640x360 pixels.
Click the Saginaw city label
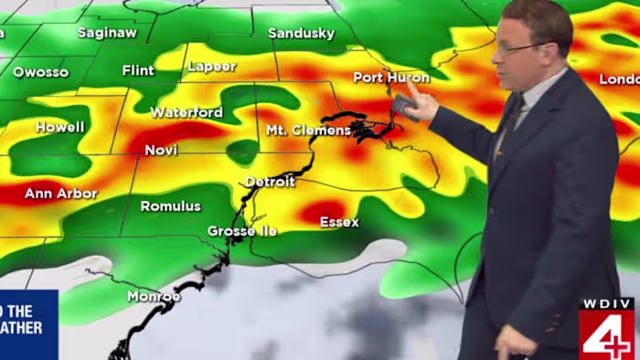107,33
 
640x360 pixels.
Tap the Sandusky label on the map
302,34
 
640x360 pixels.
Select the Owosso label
41,71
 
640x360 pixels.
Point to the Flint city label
138,70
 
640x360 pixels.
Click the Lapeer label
211,67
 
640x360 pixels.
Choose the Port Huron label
391,78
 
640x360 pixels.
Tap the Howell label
60,128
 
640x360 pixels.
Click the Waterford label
187,112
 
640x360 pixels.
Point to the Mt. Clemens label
308,131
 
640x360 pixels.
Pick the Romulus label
170,206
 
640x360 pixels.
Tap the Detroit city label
270,182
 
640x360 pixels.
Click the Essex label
339,222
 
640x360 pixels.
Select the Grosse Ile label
242,231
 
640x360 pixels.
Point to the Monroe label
154,296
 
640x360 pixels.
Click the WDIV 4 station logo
606,330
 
